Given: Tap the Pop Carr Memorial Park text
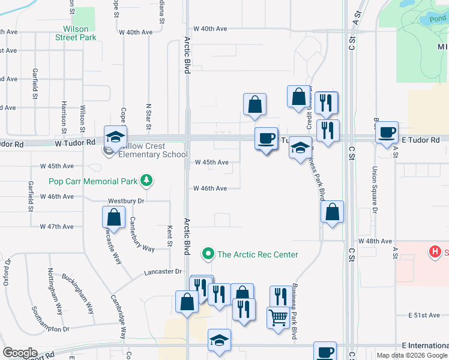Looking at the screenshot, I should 93,181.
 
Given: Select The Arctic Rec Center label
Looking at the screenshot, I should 258,254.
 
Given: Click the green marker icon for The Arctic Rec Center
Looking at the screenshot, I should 208,254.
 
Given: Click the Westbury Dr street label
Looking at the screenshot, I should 127,201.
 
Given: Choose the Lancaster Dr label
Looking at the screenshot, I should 163,272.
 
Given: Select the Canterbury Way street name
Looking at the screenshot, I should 142,235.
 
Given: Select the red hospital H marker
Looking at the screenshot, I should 435,251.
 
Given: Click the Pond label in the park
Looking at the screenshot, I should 438,19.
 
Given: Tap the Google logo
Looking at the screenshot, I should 20,353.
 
